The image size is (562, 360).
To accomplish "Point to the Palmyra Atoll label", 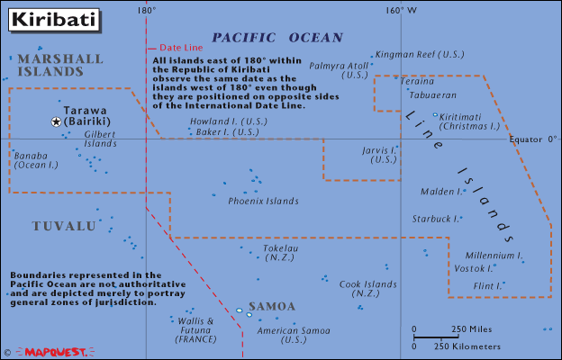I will (x=340, y=70).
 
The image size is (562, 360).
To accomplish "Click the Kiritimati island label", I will (x=468, y=121).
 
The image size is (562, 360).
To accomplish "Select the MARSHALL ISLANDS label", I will (x=59, y=64).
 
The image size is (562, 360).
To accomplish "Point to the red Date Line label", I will (x=179, y=47).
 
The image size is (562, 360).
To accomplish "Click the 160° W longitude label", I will (x=401, y=11).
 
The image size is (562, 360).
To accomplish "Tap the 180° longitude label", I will (x=147, y=11).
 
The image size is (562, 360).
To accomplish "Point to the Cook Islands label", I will (x=367, y=289).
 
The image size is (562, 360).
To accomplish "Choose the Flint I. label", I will (x=486, y=285).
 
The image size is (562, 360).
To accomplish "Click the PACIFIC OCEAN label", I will (x=276, y=38).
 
